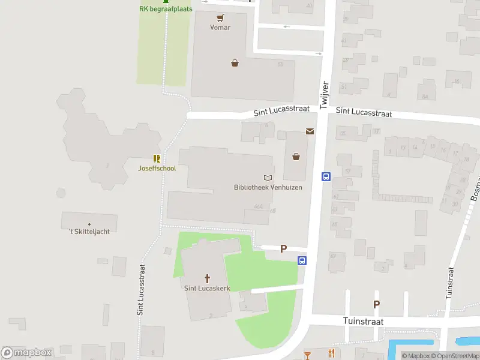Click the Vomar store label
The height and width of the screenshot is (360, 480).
(220, 28)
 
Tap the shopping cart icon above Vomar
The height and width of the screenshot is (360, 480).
(220, 18)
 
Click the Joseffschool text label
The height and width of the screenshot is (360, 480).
(157, 168)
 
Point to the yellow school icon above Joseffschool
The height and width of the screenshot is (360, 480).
(157, 158)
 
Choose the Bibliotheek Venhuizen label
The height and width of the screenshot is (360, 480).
(268, 187)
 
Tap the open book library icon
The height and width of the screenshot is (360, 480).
(268, 178)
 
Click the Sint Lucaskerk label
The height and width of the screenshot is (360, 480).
(208, 288)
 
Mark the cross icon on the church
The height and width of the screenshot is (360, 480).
(208, 278)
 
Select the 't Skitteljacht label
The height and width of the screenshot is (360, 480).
(89, 231)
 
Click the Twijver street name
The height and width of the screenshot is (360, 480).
(324, 95)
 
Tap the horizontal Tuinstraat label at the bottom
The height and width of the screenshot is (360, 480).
(363, 322)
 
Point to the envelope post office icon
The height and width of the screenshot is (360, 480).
(310, 131)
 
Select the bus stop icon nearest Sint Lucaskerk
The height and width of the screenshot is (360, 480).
(303, 260)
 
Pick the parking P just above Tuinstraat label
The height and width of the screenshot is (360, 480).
(376, 304)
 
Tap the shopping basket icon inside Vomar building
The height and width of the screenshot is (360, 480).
(235, 62)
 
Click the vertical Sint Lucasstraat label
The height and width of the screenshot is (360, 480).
(141, 290)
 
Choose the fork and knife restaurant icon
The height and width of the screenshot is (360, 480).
(331, 353)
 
